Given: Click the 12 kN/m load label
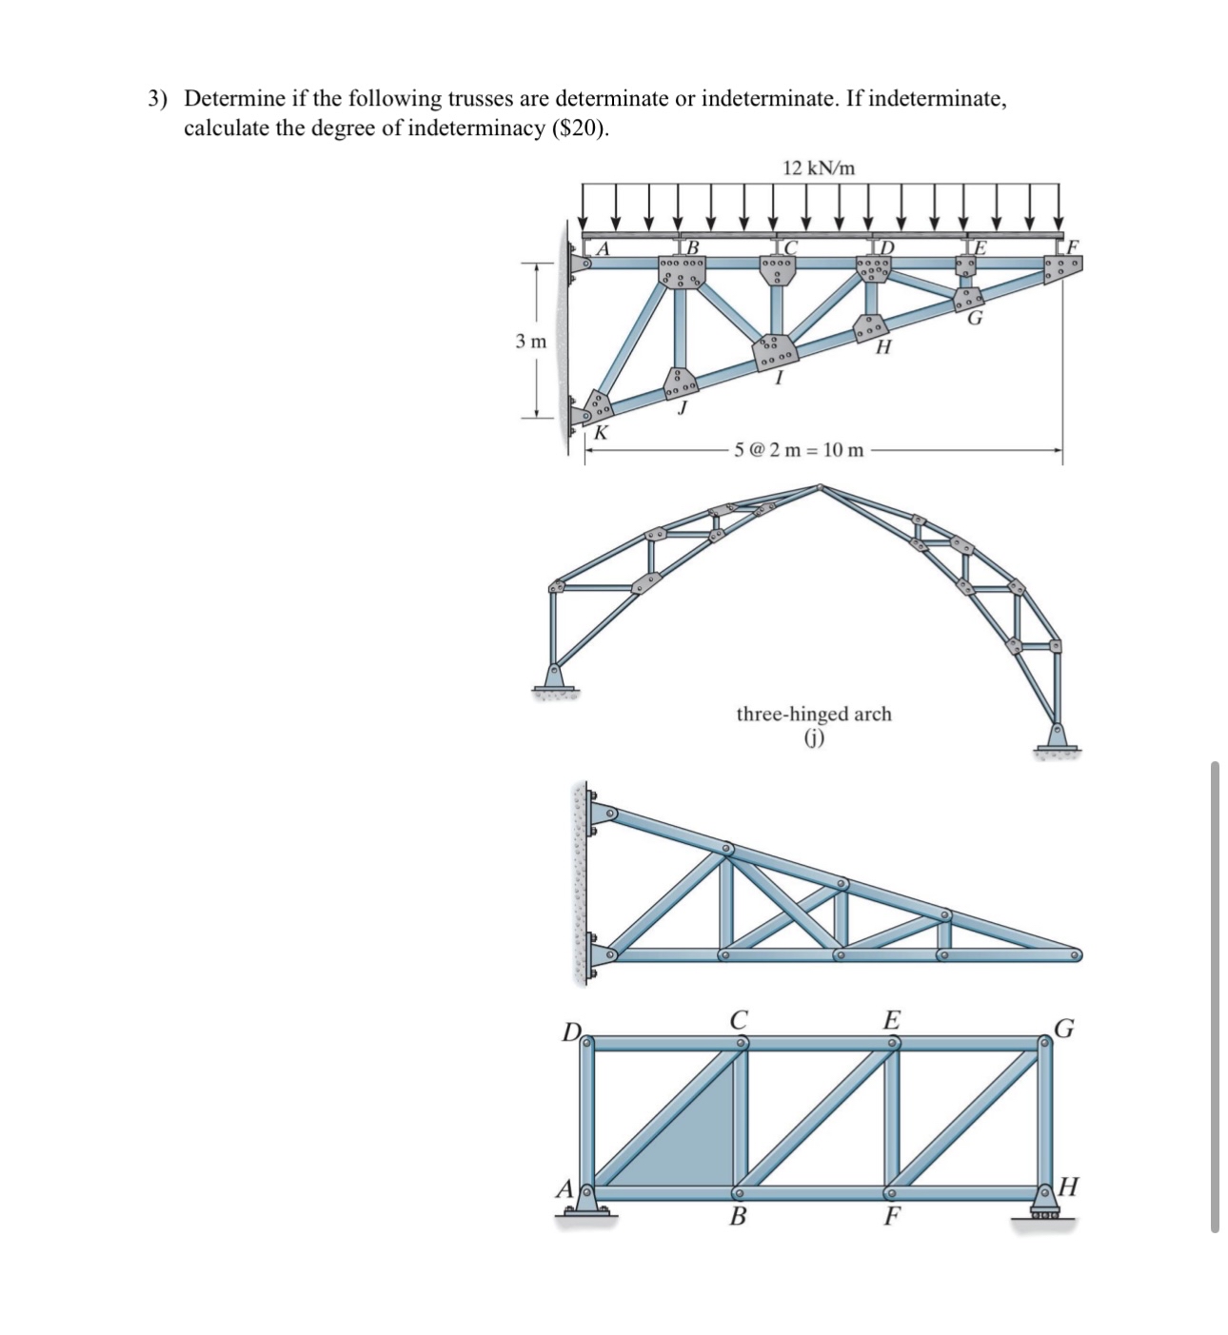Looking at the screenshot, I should point(818,168).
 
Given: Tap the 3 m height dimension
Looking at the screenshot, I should point(531,341).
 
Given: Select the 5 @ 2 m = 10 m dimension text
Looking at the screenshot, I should point(800,449).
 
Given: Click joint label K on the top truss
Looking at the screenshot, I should point(600,433).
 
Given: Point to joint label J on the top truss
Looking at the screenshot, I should point(682,409).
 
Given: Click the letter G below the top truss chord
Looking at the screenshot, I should point(975,319).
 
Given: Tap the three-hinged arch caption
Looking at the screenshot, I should point(814,714).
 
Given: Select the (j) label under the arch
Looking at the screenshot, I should point(814,737).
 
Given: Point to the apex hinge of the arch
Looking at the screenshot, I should point(820,488).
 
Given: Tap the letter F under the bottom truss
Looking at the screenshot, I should point(891,1216).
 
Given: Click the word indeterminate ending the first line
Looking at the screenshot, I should point(936,98).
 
